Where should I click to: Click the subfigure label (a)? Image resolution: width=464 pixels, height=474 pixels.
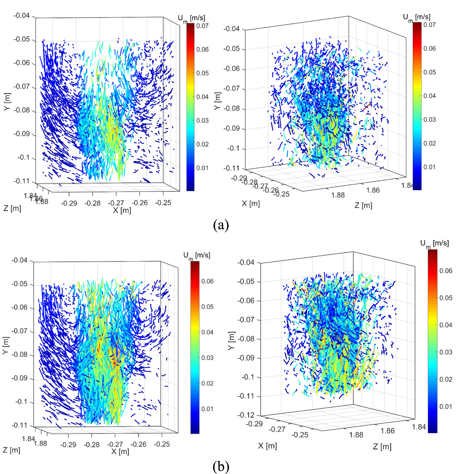click(221, 225)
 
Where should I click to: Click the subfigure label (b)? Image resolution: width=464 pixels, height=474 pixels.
click(221, 466)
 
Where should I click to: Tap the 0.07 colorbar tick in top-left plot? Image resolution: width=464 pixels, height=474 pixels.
click(202, 26)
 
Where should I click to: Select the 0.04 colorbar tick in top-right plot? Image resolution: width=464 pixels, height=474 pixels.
click(429, 96)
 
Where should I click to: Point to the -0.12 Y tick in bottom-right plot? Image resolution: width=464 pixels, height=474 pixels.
click(246, 415)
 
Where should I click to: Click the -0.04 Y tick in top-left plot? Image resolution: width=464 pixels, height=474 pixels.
click(22, 15)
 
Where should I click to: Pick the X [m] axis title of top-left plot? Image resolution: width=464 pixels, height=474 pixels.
click(122, 210)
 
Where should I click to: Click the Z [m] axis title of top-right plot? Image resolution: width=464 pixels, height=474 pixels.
click(363, 205)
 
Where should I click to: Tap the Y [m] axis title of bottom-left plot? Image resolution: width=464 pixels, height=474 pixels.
click(6, 345)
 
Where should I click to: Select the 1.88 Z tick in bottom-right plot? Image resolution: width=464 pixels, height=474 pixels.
click(356, 435)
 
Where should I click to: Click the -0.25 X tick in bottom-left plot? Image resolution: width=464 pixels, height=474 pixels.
click(162, 444)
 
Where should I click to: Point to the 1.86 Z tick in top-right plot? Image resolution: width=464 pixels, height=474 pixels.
click(373, 190)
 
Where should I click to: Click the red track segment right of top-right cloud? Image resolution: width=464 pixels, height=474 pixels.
click(366, 107)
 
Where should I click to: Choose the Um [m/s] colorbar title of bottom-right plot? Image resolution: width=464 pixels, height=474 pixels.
click(434, 244)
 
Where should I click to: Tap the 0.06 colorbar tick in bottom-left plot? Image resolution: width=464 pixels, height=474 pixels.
click(207, 281)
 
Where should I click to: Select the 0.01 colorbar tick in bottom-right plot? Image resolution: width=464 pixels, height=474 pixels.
click(446, 407)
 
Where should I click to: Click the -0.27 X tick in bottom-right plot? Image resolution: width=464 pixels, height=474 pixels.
click(277, 429)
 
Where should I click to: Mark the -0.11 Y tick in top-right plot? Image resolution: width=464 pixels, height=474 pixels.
click(232, 168)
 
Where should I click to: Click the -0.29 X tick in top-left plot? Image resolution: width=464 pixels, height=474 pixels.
click(69, 203)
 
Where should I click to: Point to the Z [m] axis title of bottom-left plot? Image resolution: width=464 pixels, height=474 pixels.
click(12, 450)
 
